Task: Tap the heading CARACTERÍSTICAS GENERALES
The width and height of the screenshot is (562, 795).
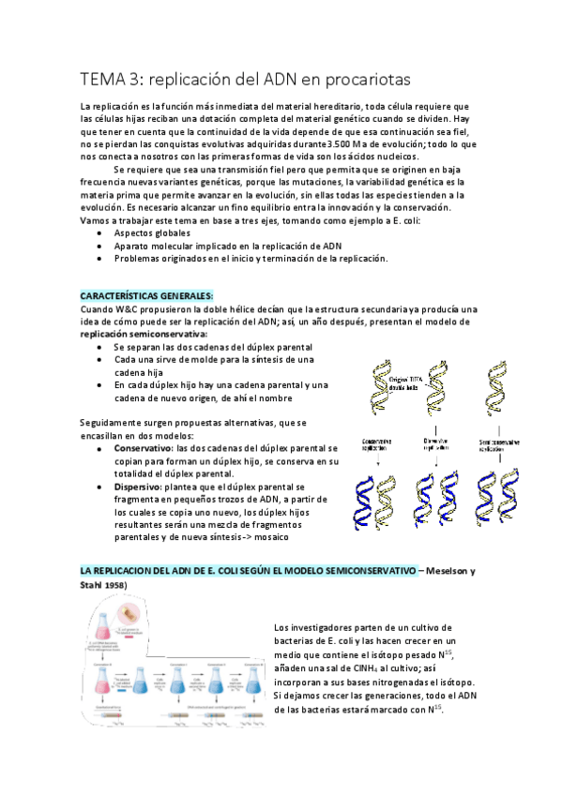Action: tap(146, 295)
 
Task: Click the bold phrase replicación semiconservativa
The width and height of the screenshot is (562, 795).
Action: tap(144, 333)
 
